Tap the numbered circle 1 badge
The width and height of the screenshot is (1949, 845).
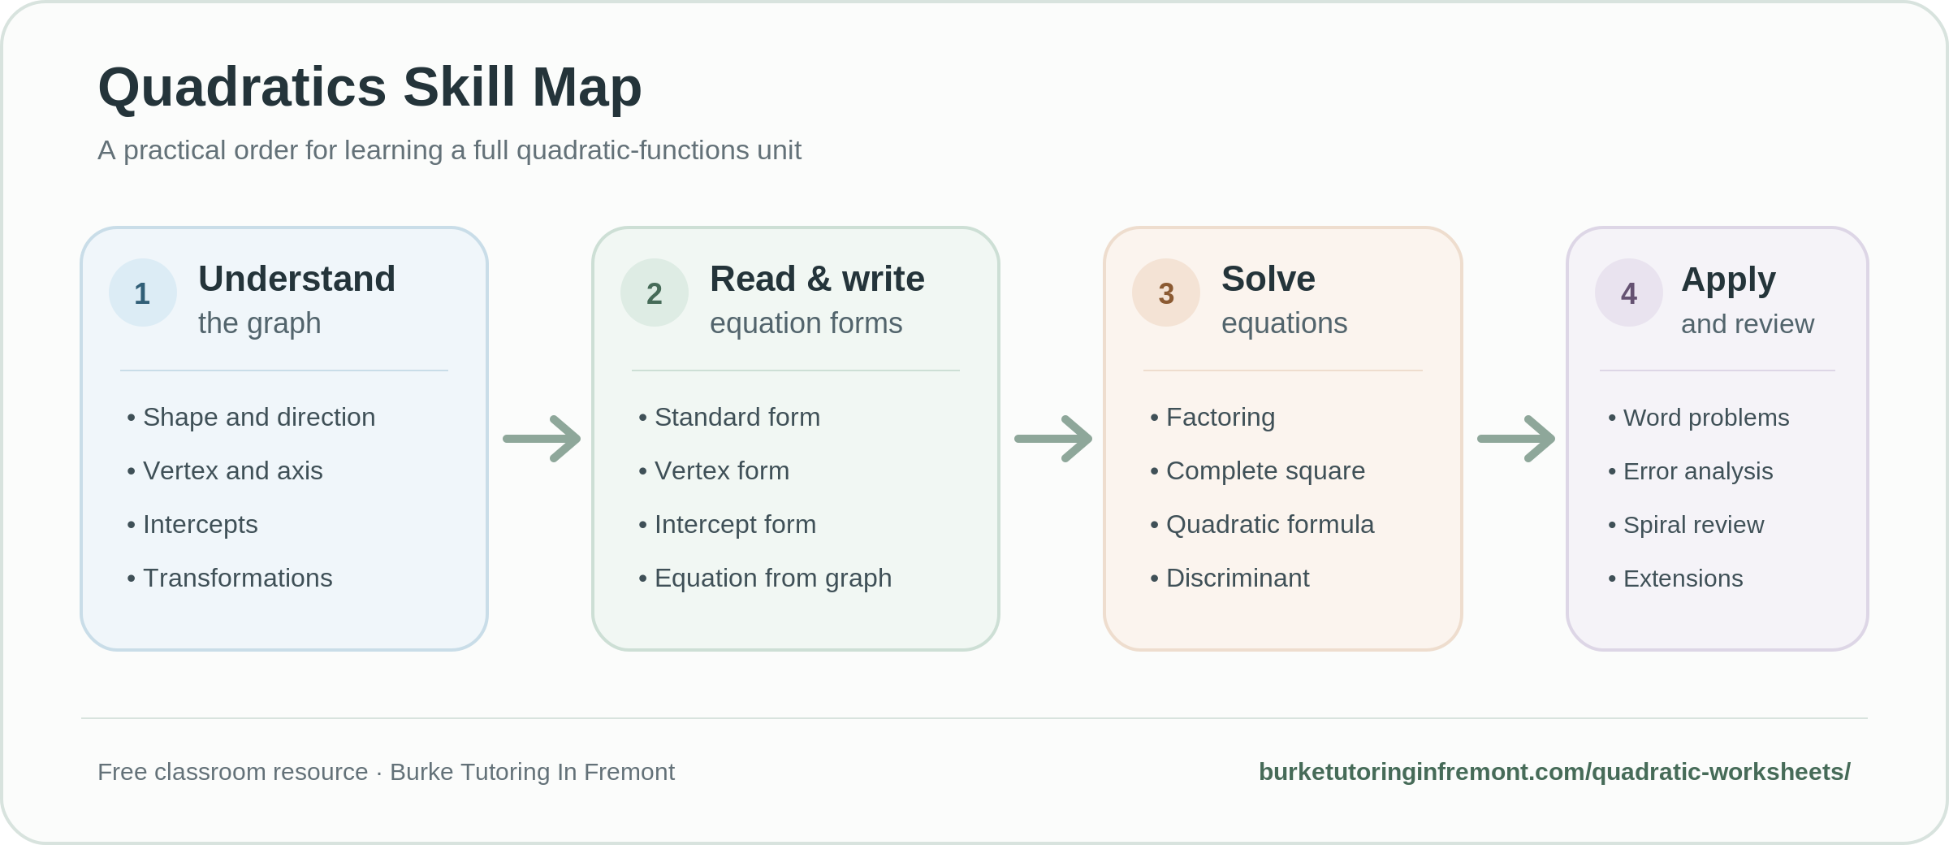point(143,292)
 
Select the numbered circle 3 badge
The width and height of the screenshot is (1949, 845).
point(1166,292)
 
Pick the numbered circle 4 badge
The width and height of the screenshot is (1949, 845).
point(1629,292)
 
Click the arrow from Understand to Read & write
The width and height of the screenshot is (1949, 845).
point(542,439)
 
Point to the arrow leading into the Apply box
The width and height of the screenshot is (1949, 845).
point(1516,439)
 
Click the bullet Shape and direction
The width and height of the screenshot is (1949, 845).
point(251,418)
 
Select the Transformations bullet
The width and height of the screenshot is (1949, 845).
point(230,578)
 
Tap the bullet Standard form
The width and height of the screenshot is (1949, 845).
point(729,418)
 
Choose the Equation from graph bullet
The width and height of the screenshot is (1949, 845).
point(765,578)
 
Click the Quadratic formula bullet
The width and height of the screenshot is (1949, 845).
point(1262,525)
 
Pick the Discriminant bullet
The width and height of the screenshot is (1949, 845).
point(1229,578)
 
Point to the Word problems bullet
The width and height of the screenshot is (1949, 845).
point(1698,418)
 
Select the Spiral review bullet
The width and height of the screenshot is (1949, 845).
point(1686,525)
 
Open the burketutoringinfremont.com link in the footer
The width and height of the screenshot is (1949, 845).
point(1554,772)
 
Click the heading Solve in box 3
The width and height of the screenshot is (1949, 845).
point(1268,279)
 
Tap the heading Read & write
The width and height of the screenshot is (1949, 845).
point(817,279)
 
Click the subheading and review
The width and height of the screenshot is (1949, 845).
point(1748,324)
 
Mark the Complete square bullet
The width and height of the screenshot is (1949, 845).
point(1258,471)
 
